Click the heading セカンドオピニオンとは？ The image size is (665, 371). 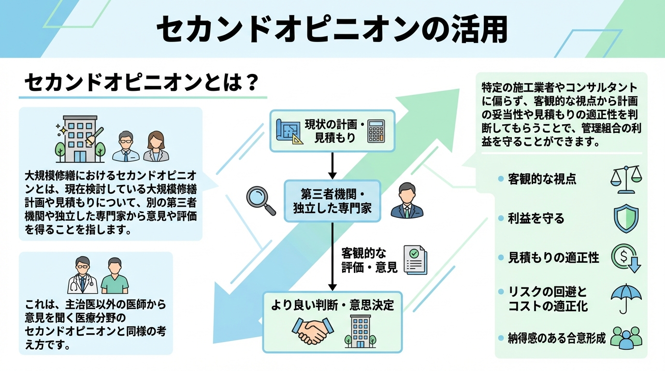pos(140,83)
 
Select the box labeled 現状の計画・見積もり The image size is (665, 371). pos(332,131)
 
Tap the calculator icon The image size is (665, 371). pos(376,131)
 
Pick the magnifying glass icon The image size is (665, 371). pos(261,200)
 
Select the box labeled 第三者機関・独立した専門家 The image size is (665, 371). pos(332,201)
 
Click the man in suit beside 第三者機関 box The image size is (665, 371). pos(406,201)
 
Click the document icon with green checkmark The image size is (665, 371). pos(415,260)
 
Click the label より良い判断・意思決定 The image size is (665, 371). pos(332,306)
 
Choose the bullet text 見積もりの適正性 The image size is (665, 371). pos(553,258)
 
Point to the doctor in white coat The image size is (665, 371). pos(83,276)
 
